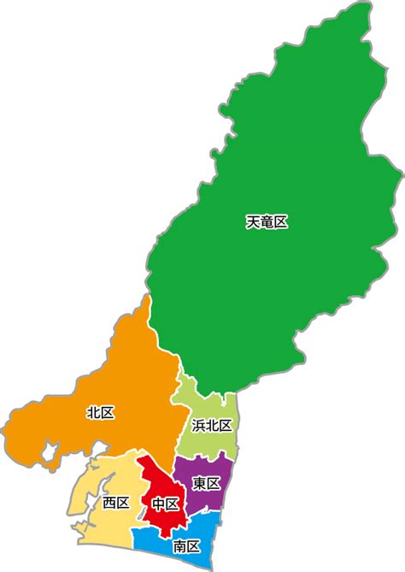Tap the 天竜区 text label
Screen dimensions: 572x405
[x=267, y=222]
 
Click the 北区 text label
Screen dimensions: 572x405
[x=100, y=413]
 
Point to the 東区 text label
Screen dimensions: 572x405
[x=207, y=484]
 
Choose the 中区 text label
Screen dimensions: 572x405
[x=166, y=504]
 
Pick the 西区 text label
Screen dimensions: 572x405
[x=115, y=503]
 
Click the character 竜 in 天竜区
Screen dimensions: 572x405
[x=267, y=222]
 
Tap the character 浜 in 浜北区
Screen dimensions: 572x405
[x=198, y=426]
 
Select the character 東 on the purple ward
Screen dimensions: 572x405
[x=200, y=484]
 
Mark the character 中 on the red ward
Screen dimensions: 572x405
[x=159, y=504]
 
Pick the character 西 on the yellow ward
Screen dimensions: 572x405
[x=109, y=503]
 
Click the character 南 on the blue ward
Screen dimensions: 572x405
[x=179, y=545]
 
